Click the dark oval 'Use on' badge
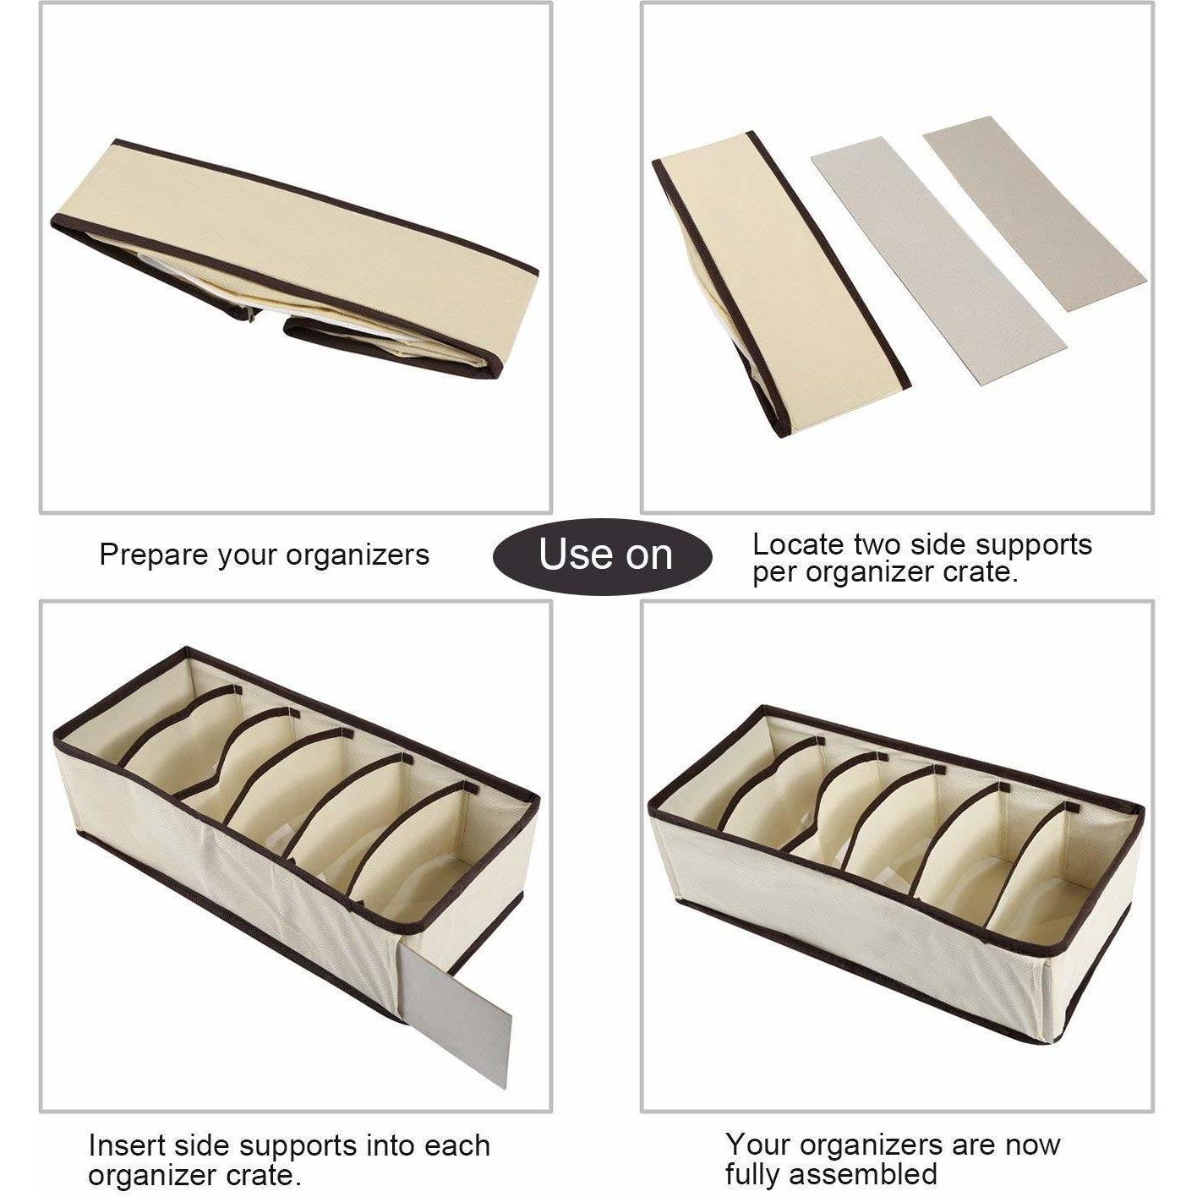pos(603,555)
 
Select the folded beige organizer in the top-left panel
pos(294,259)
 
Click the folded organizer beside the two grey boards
pos(781,284)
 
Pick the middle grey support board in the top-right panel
pos(939,261)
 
